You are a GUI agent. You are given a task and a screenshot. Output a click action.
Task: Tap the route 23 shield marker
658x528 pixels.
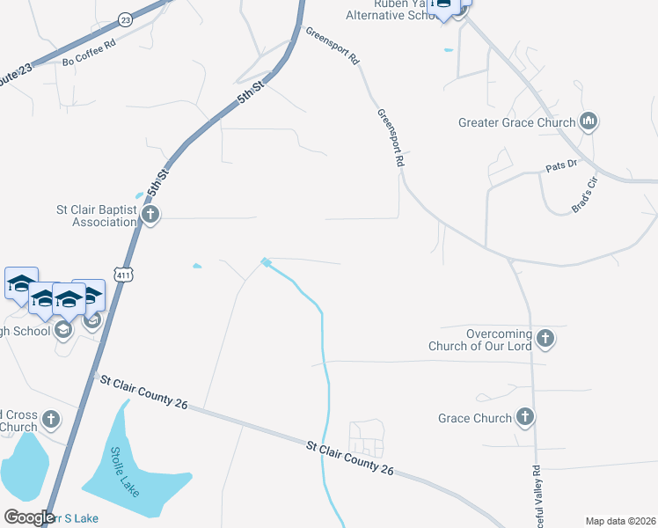pyautogui.click(x=126, y=19)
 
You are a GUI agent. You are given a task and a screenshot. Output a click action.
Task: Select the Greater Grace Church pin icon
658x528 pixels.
pyautogui.click(x=589, y=121)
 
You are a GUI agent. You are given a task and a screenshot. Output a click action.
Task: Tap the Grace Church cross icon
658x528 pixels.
pyautogui.click(x=526, y=417)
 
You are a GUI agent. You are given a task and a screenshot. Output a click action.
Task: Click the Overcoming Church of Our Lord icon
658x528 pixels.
pyautogui.click(x=545, y=339)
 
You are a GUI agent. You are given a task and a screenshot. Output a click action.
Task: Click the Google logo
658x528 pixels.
pyautogui.click(x=28, y=517)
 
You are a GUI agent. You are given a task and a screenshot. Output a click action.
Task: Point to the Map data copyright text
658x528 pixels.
pyautogui.click(x=619, y=521)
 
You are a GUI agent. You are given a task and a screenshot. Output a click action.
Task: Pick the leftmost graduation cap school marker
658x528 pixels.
pyautogui.click(x=22, y=284)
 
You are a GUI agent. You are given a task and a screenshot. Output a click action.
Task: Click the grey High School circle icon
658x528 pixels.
pyautogui.click(x=62, y=329)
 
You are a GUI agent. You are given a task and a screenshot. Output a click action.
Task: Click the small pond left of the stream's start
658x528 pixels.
pyautogui.click(x=196, y=265)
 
